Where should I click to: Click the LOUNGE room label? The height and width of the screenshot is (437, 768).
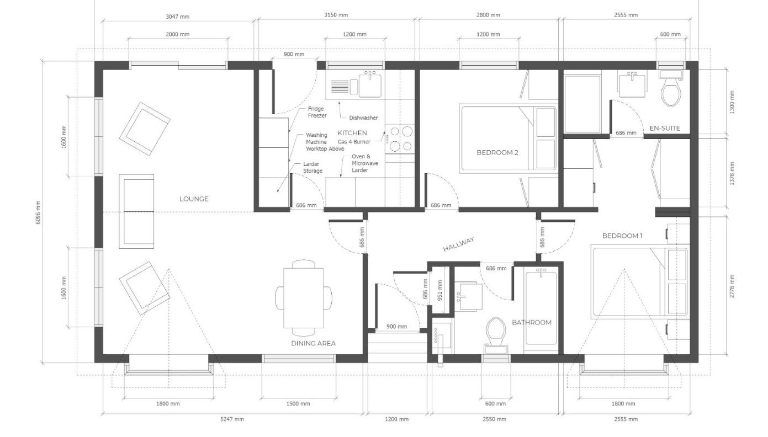point(194,199)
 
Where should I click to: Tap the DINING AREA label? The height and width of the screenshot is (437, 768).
point(314,343)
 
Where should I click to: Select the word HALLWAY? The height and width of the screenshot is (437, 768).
point(459,244)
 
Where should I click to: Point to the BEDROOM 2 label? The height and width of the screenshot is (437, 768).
point(497,152)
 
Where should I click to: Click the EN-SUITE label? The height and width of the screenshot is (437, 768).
point(665,128)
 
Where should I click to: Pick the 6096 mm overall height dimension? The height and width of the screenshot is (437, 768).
point(38,212)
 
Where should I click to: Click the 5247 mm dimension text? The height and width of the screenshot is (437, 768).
point(232,419)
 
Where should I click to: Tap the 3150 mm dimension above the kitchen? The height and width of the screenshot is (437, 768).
point(336,15)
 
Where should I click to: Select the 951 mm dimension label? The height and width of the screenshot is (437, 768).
point(440,290)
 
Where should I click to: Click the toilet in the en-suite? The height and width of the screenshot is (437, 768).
point(671,89)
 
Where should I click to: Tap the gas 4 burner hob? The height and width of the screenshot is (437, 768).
point(400,139)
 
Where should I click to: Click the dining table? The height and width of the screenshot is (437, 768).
point(304,298)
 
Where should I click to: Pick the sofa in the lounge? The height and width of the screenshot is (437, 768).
point(136,211)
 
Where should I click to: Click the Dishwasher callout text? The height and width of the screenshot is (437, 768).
point(363,118)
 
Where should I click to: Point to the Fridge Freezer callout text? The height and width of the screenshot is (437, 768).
point(317,112)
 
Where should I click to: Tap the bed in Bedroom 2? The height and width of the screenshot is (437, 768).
point(509,138)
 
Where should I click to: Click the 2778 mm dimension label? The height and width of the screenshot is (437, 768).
point(732,286)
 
